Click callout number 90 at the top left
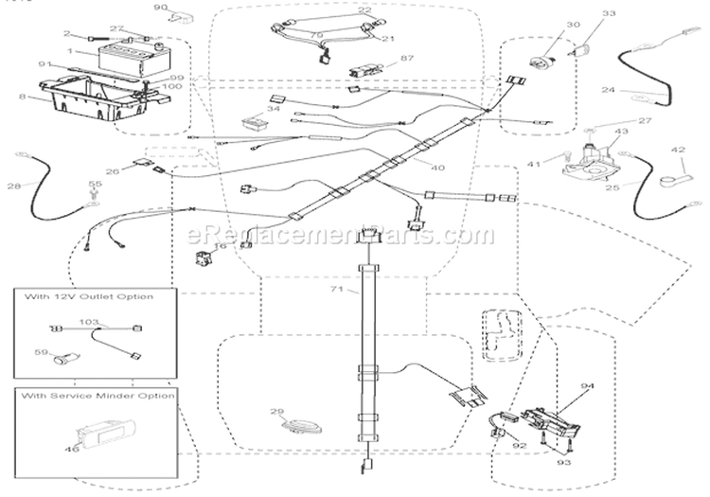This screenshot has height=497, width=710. click(x=161, y=8)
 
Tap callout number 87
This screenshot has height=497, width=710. click(x=382, y=59)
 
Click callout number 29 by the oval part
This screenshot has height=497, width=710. click(x=277, y=412)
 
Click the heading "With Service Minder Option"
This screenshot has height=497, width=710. click(x=96, y=395)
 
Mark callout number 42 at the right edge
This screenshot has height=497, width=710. click(x=678, y=149)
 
